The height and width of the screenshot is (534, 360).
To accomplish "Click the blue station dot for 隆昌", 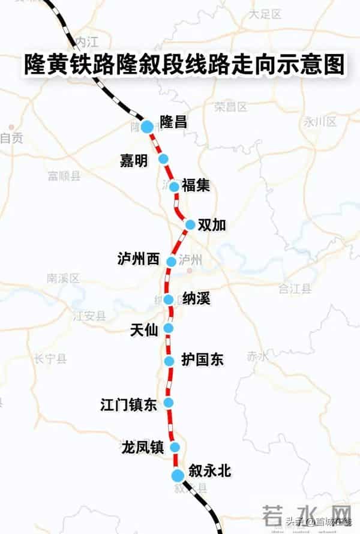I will pos(146,127).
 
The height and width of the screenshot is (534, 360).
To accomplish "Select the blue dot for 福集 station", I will pos(174,187).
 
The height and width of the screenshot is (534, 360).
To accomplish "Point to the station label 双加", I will pos(212,224).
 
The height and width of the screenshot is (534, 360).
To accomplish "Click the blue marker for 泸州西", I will pos(171,262).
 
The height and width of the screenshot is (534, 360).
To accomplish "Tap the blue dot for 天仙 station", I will pos(168,328).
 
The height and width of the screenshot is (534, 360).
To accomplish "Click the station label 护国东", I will pos(202,360).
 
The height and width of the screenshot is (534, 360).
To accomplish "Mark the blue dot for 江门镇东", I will pos(169,403).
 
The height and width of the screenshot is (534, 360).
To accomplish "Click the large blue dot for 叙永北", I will pos(178,476).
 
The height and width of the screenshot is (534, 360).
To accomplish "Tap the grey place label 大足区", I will pos(265,14).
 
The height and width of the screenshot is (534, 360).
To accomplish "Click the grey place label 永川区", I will pos(320,122).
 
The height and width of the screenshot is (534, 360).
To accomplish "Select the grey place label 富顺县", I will pos(64,176).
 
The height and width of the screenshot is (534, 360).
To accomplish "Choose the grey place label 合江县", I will pos(295,289).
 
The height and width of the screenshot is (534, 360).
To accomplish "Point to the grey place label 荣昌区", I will pos(231,107).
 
